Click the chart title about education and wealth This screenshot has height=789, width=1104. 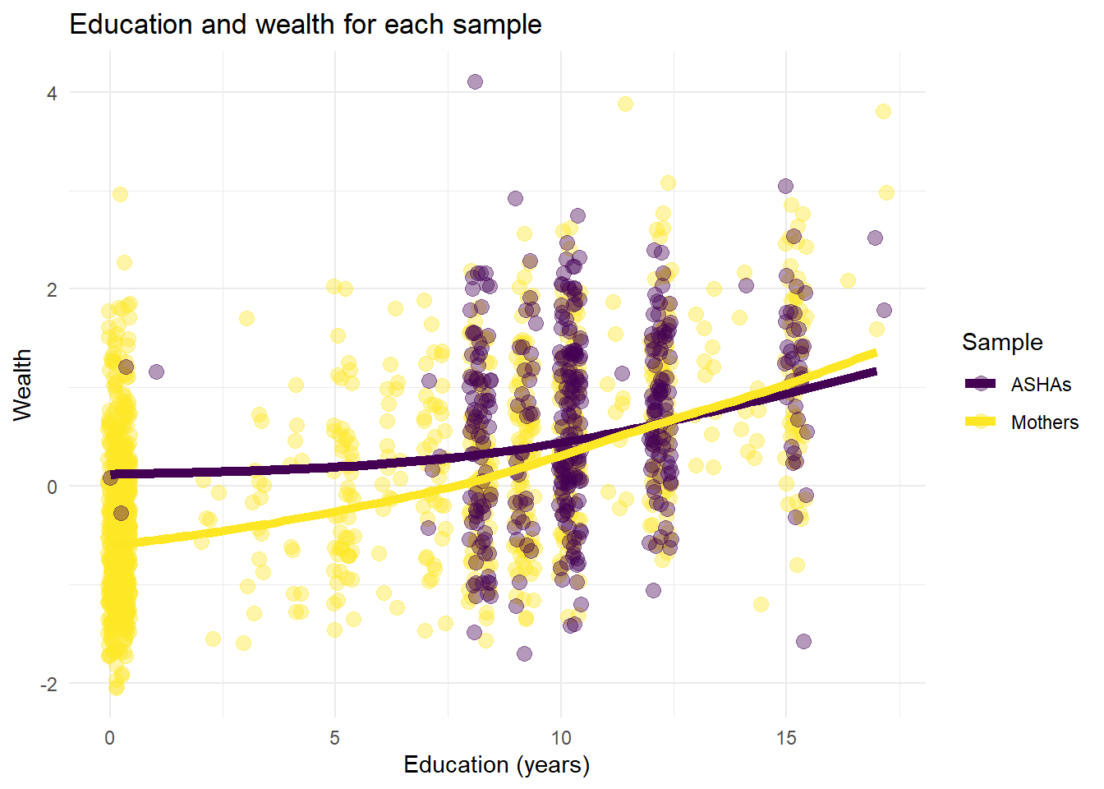305,25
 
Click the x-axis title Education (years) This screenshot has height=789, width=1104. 496,765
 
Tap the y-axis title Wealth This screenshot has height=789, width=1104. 22,385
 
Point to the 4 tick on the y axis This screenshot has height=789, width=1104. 52,93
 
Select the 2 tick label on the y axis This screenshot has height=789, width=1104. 52,290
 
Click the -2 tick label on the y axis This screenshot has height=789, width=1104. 49,685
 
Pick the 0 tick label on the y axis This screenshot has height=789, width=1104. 52,487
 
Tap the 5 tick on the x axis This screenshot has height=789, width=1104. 334,738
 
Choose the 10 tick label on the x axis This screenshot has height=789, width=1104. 560,738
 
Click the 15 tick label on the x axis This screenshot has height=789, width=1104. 786,738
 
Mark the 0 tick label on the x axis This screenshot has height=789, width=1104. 109,738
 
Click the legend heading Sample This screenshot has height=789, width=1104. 1002,343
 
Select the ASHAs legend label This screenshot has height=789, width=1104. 1041,385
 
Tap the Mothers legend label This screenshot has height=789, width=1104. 1044,422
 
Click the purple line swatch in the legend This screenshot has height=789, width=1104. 980,384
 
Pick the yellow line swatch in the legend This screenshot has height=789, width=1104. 980,422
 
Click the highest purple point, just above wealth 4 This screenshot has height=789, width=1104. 475,81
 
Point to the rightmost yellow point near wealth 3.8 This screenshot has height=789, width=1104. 883,111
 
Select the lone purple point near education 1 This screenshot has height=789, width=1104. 156,371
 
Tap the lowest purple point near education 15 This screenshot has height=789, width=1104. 803,641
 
